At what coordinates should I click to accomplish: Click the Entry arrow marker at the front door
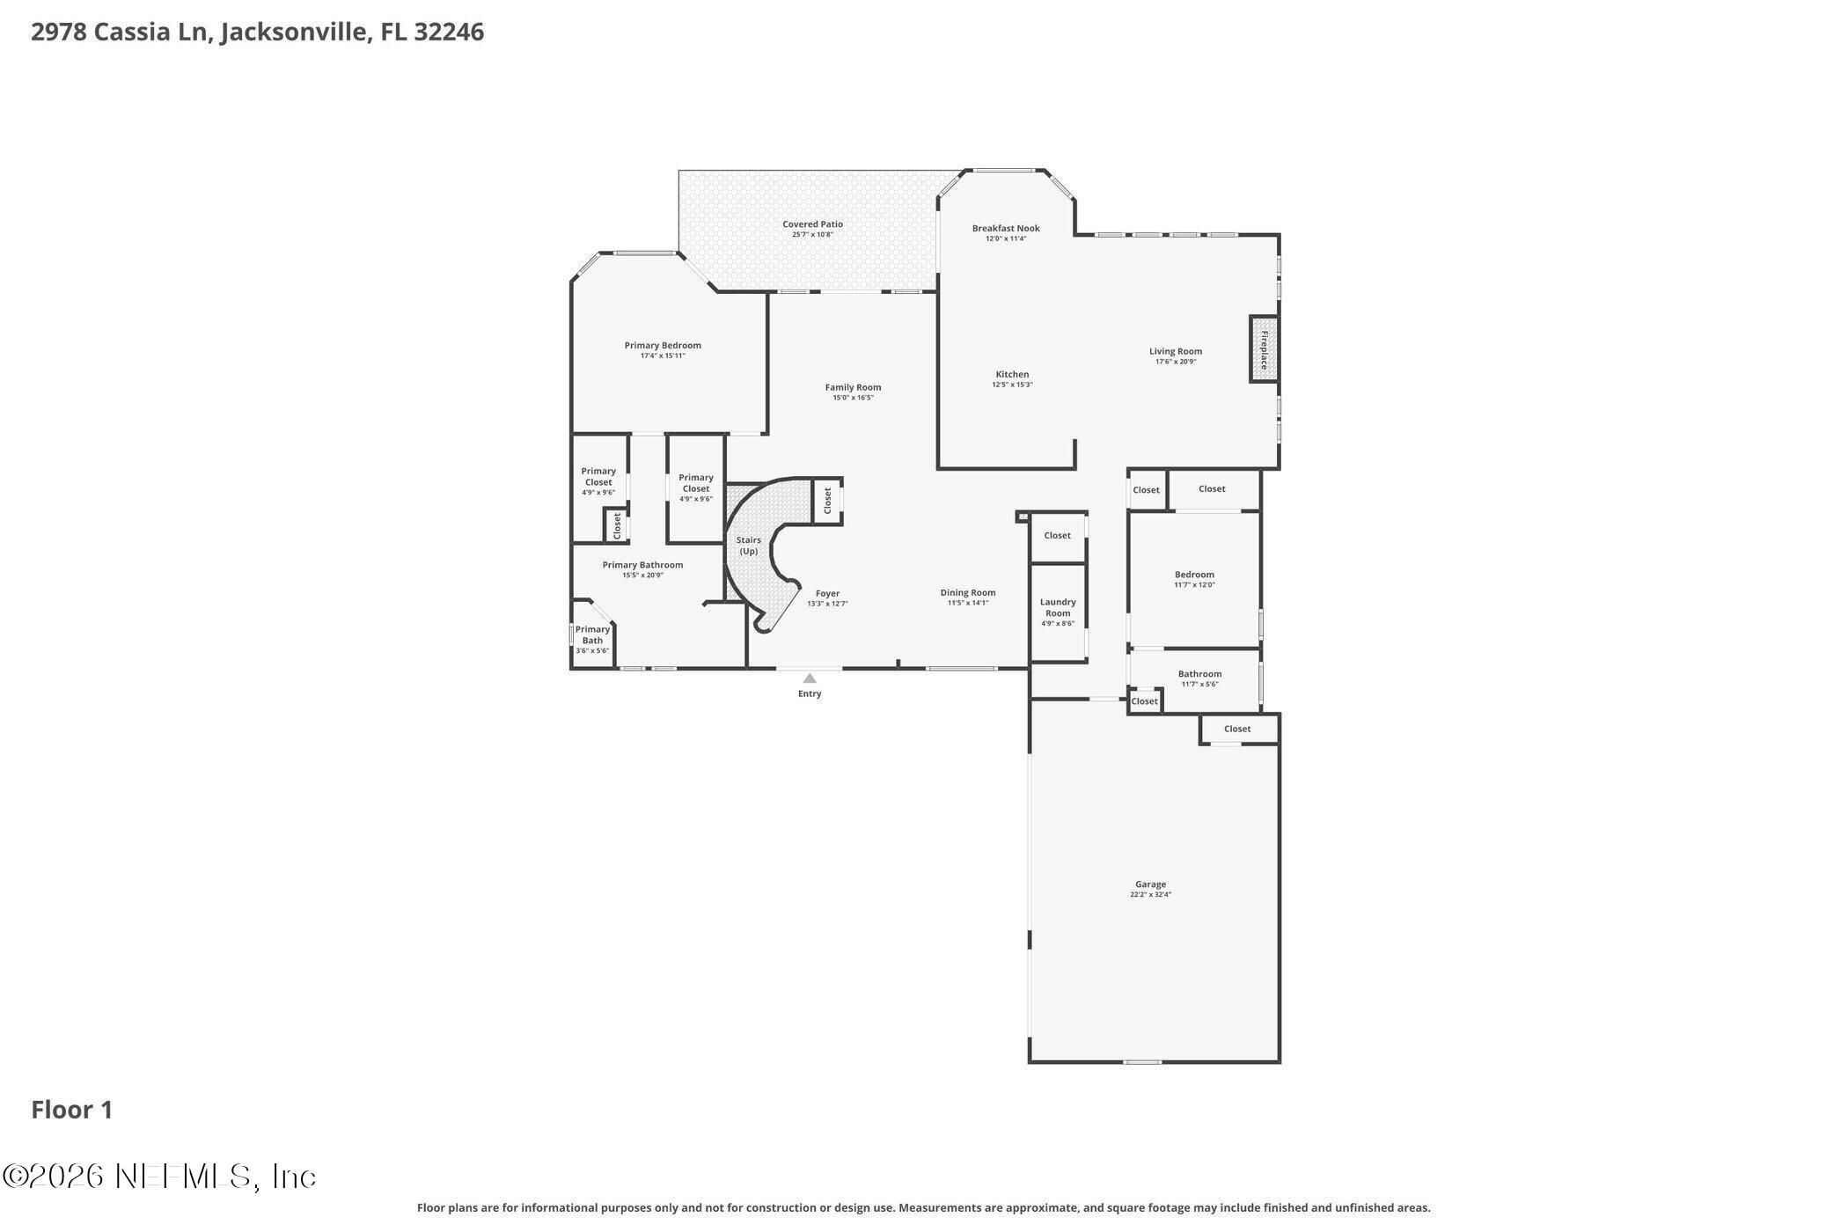coord(809,678)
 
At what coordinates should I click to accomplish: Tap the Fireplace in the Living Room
coord(1264,349)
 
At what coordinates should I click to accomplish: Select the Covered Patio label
coord(812,224)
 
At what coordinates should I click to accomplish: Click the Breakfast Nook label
coord(1005,229)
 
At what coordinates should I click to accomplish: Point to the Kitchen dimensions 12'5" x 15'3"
coord(1012,385)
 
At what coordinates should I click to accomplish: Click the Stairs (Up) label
coord(748,546)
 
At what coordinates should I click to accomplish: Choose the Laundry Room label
coord(1058,608)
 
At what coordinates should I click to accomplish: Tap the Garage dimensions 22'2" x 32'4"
coord(1150,895)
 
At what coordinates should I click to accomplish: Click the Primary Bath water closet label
coord(592,634)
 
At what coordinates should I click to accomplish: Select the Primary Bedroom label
coord(663,346)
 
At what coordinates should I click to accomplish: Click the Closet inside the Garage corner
coord(1236,729)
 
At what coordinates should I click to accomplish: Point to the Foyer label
coord(827,594)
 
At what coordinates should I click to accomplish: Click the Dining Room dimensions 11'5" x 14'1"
coord(968,603)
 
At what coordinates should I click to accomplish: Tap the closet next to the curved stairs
coord(827,501)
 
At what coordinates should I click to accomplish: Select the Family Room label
coord(853,387)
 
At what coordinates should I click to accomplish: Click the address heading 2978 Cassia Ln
coord(257,33)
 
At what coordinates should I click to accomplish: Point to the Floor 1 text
coord(72,1110)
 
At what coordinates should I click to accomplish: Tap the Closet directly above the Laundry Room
coord(1057,535)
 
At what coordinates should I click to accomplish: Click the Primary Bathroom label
coord(642,565)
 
